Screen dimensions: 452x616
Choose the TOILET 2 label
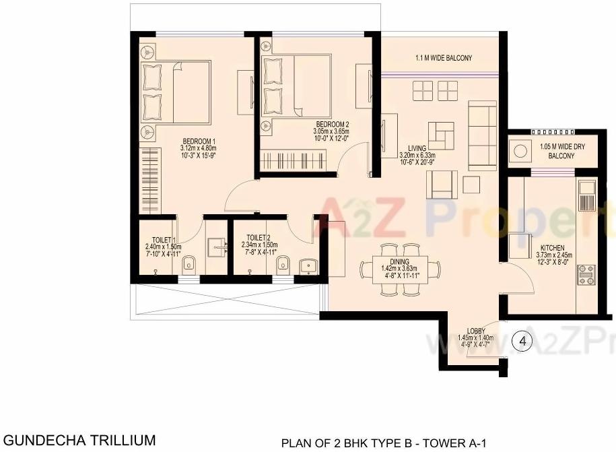pos(258,237)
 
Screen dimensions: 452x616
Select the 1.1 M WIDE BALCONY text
pos(444,59)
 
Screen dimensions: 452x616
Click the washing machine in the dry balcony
pos(520,151)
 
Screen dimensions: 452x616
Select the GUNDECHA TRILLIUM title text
pos(79,440)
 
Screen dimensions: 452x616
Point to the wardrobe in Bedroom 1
pos(151,177)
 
